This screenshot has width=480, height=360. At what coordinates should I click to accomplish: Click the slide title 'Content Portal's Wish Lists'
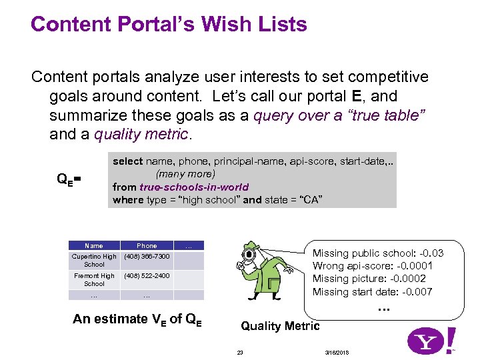click(169, 25)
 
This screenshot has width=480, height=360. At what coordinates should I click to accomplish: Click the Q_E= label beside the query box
click(69, 179)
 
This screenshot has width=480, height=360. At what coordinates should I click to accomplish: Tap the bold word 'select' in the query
click(127, 161)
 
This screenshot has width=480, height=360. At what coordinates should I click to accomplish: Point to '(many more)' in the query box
click(185, 174)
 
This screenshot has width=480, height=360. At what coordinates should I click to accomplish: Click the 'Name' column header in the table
click(94, 246)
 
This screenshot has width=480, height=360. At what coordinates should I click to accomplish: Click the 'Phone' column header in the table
click(147, 246)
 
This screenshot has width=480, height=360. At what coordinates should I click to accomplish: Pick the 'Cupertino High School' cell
click(94, 261)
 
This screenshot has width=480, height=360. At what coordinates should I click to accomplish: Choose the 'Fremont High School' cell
click(94, 280)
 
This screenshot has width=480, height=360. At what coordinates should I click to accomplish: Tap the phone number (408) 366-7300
click(147, 257)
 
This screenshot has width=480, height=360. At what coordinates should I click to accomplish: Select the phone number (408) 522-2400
click(147, 276)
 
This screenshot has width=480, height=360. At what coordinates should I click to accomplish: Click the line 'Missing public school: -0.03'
click(378, 253)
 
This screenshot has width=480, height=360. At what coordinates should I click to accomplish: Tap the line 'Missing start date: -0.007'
click(373, 292)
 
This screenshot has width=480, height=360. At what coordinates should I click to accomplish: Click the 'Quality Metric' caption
click(280, 326)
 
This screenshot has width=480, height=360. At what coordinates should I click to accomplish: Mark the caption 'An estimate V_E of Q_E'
click(137, 319)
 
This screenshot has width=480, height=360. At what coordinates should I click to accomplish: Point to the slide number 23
click(239, 351)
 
